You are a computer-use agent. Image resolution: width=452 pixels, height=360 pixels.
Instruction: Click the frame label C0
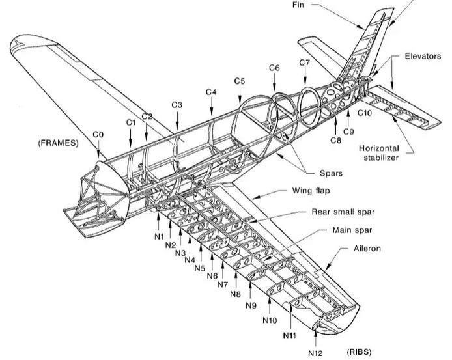pyautogui.click(x=98, y=134)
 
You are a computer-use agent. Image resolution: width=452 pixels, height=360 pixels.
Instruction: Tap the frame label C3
pyautogui.click(x=177, y=105)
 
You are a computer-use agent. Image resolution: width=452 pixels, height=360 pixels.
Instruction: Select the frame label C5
pyautogui.click(x=240, y=81)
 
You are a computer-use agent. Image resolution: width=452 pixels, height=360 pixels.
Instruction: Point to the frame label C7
pyautogui.click(x=304, y=62)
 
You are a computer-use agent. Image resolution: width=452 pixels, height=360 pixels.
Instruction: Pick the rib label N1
pyautogui.click(x=159, y=236)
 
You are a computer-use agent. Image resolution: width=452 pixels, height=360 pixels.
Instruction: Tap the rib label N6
pyautogui.click(x=212, y=276)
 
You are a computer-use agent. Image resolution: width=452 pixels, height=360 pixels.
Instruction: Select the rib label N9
pyautogui.click(x=251, y=305)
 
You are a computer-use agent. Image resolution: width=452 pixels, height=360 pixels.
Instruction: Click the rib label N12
pyautogui.click(x=315, y=353)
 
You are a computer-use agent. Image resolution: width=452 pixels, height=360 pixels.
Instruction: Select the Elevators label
pyautogui.click(x=423, y=57)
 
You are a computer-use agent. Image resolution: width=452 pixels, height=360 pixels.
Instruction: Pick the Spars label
pyautogui.click(x=330, y=173)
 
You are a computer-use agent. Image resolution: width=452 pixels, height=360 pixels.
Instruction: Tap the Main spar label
pyautogui.click(x=352, y=230)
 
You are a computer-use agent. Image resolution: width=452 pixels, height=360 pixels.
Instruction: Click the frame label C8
pyautogui.click(x=336, y=139)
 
